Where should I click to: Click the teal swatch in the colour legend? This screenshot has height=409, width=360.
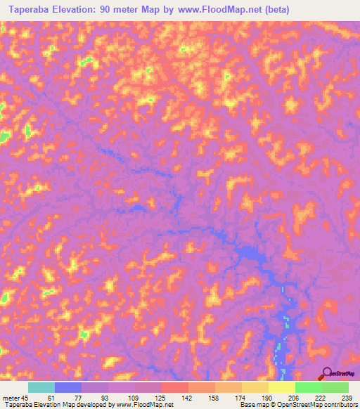pos(41,387)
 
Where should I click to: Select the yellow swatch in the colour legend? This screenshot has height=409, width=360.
pos(281,387)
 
